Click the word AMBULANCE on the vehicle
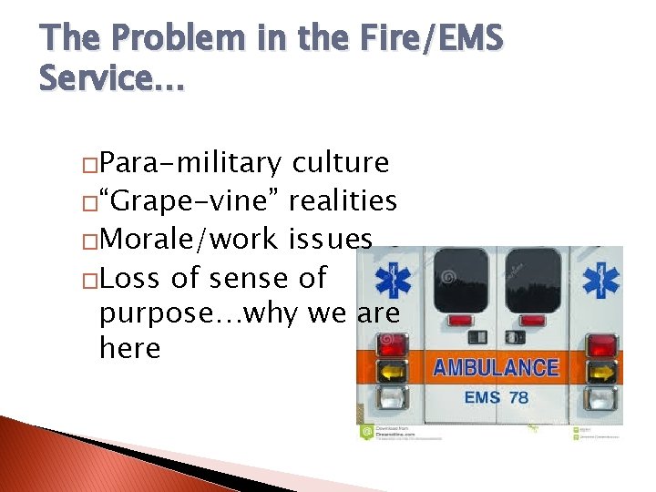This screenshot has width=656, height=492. [496, 368]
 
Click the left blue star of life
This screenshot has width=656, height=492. [394, 280]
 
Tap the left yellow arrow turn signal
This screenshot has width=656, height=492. [395, 371]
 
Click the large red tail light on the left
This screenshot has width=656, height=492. [395, 344]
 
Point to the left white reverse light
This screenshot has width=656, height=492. [395, 397]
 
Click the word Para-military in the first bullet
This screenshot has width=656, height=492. [190, 163]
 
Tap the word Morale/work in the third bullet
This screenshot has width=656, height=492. [187, 239]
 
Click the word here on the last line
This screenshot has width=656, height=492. [129, 347]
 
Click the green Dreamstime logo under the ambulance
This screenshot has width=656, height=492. [367, 433]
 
